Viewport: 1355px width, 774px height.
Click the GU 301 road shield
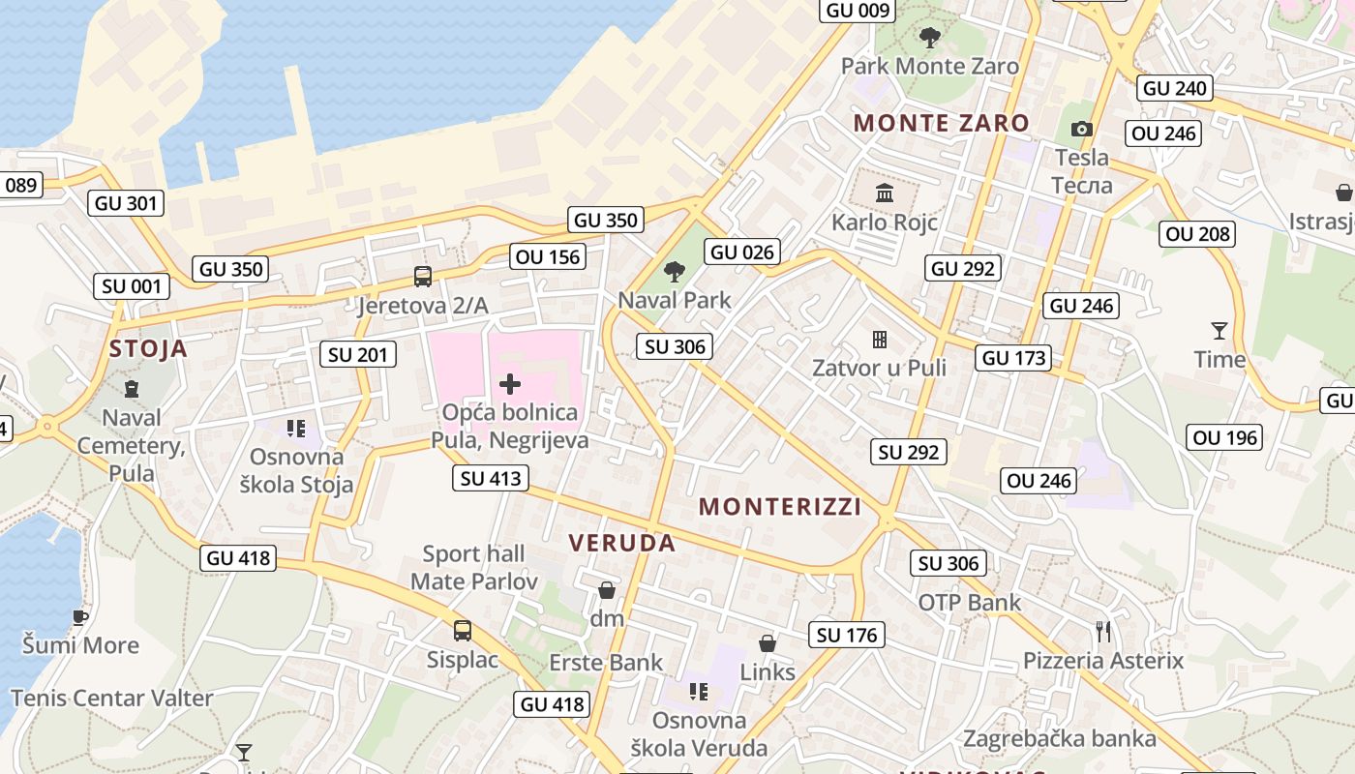(x=126, y=203)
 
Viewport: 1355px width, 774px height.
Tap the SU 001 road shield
(x=132, y=286)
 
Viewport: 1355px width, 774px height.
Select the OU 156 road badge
(x=549, y=256)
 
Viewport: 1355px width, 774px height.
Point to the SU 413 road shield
(x=491, y=478)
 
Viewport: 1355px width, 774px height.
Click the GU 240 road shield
(x=1175, y=88)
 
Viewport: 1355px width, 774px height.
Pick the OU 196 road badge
(x=1225, y=438)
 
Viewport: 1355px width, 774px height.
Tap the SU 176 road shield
(x=847, y=635)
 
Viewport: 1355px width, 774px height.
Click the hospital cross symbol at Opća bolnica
(x=509, y=384)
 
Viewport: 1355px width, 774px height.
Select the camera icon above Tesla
(x=1082, y=129)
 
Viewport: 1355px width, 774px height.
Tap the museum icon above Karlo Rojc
(x=885, y=193)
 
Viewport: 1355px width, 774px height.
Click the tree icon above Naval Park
(x=675, y=272)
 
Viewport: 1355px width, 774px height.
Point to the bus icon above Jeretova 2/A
(x=423, y=277)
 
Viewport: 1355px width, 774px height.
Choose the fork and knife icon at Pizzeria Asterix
(x=1103, y=632)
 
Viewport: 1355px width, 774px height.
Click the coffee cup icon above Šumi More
(x=80, y=616)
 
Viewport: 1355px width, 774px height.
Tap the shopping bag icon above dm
(x=607, y=589)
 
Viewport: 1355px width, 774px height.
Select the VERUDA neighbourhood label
(x=622, y=543)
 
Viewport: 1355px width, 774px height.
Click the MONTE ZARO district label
(x=942, y=123)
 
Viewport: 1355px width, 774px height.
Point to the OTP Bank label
(x=969, y=603)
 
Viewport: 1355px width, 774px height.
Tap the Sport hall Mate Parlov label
(x=474, y=568)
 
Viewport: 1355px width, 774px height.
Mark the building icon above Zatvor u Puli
(x=880, y=339)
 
